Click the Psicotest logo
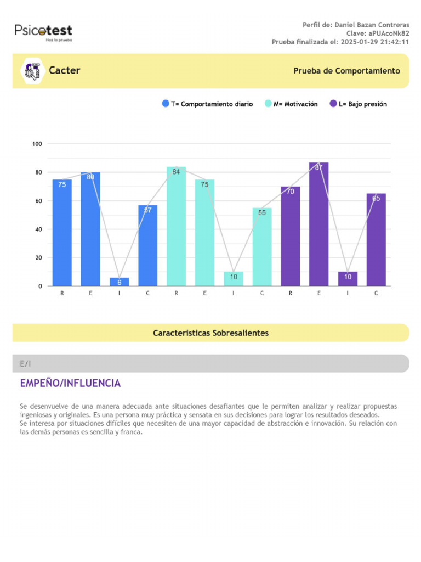click(x=43, y=32)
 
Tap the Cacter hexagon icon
click(x=31, y=71)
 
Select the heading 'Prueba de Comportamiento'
click(x=346, y=71)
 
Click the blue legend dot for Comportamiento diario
click(x=166, y=104)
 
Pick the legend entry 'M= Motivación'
click(x=291, y=104)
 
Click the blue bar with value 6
click(x=119, y=282)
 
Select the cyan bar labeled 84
click(x=176, y=226)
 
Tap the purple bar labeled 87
click(x=318, y=224)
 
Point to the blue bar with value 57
click(x=147, y=245)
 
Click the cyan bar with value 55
click(x=261, y=247)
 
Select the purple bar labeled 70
click(x=290, y=236)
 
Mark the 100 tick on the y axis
click(x=37, y=144)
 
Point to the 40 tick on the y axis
click(x=38, y=229)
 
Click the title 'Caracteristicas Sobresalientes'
click(x=210, y=333)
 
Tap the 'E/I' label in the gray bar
click(x=26, y=363)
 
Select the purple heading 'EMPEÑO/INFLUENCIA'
click(x=70, y=383)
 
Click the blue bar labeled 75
click(x=62, y=233)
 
